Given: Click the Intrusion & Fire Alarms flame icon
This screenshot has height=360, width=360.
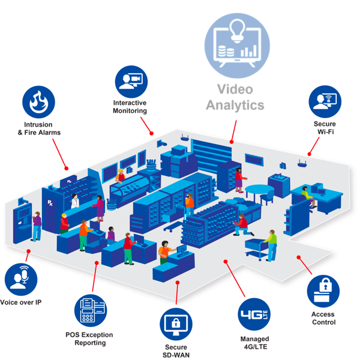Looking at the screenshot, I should pos(39,101).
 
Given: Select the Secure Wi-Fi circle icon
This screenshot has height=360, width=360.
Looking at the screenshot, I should pos(326,100).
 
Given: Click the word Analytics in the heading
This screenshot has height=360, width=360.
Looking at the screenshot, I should pos(235,105).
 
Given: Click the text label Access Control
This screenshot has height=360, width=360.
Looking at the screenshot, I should pos(323,318).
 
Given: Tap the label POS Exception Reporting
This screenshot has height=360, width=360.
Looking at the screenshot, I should pos(89,338).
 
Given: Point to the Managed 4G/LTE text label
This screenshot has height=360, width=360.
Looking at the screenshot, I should pos(254,343).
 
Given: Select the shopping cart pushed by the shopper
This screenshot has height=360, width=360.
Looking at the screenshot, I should pos(256,246).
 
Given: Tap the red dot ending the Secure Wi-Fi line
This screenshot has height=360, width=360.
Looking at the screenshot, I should pos(310,153).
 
